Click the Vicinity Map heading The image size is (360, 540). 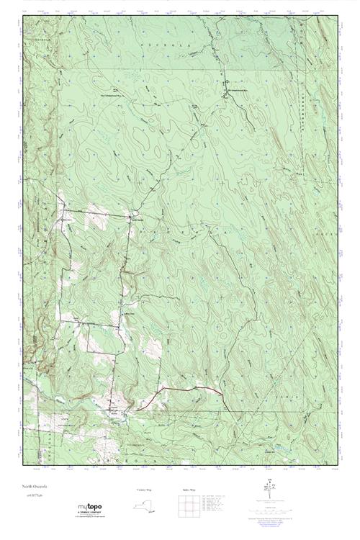click(145, 490)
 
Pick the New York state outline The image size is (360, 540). click(145, 505)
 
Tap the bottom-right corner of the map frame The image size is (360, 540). click(337, 465)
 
